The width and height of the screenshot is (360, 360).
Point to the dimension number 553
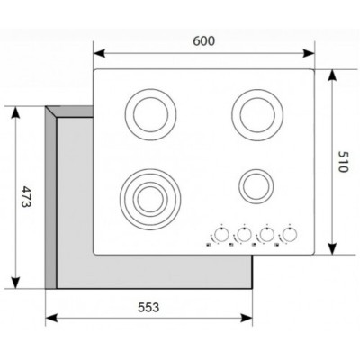click(148, 307)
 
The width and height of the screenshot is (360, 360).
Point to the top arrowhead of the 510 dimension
click(333, 73)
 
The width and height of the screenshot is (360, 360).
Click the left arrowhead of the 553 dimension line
click(48, 317)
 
